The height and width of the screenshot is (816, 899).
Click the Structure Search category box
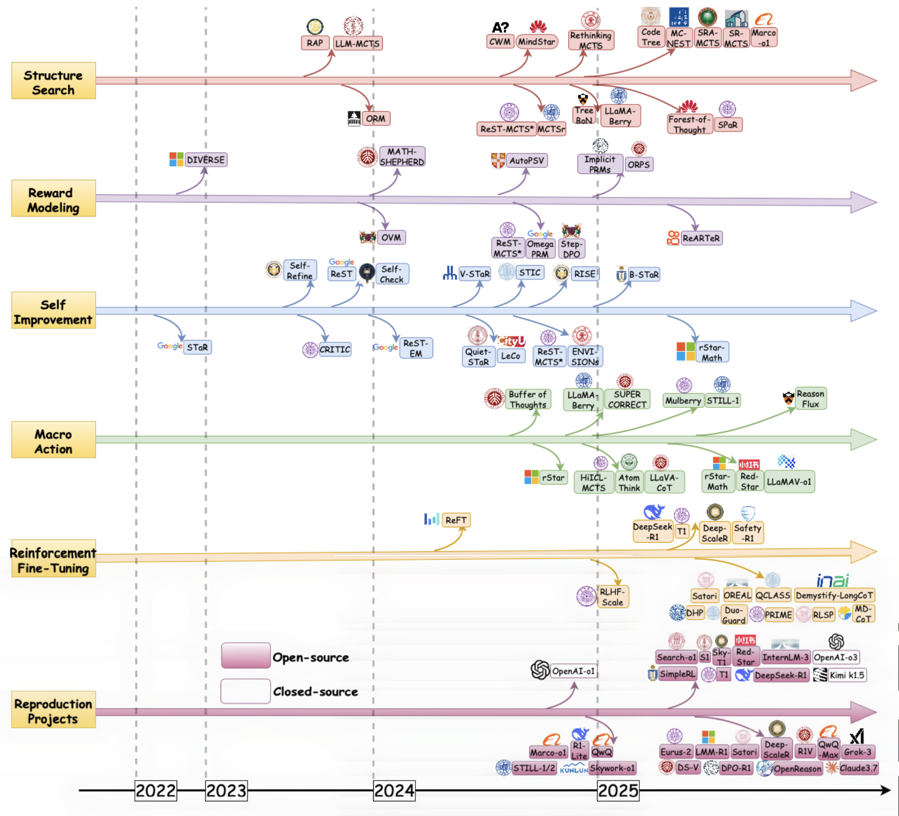[x=54, y=81]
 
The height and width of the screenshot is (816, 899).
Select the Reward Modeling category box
[x=54, y=198]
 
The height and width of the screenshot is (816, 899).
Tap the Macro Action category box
[x=54, y=440]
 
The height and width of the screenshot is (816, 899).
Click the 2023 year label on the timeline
[x=226, y=791]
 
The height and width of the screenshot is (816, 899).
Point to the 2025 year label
[x=618, y=791]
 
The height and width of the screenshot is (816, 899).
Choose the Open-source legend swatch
[x=246, y=655]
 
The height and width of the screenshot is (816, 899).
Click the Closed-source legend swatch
[x=246, y=691]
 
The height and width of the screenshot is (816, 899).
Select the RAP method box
[x=315, y=43]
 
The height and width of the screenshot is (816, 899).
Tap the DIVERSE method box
[x=206, y=160]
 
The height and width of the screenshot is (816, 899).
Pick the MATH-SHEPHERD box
[x=402, y=157]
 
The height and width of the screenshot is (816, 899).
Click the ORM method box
[x=375, y=119]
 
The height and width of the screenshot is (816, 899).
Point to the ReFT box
[x=456, y=520]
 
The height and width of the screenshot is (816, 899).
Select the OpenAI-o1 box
[x=573, y=671]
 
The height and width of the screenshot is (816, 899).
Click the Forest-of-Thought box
[x=689, y=124]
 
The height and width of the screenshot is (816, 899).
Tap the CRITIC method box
[x=335, y=349]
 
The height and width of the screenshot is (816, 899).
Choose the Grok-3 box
[x=857, y=752]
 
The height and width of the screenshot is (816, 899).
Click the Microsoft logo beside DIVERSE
[x=176, y=159]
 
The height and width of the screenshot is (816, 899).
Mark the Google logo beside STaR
[x=170, y=346]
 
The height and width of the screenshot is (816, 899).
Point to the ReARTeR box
[x=701, y=238]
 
